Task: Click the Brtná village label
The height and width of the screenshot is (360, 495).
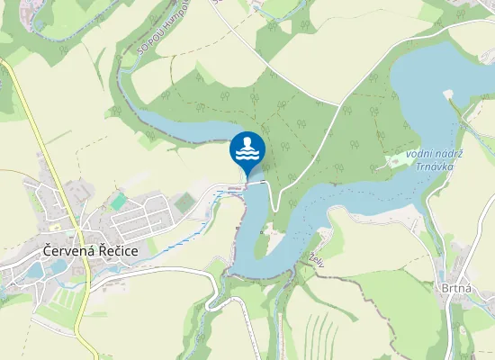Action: pyautogui.click(x=456, y=288)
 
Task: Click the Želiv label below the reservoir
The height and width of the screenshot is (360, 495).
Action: pyautogui.click(x=316, y=257)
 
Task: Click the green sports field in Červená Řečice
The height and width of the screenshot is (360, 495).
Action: pyautogui.click(x=119, y=201)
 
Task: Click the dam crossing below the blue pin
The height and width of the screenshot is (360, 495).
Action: pyautogui.click(x=255, y=184)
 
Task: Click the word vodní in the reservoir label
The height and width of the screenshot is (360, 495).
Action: pyautogui.click(x=420, y=155)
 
